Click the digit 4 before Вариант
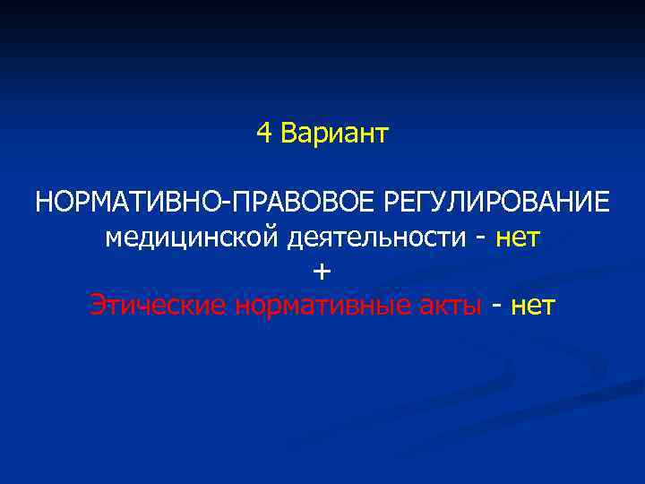click(x=263, y=134)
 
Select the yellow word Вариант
click(x=334, y=134)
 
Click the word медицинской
click(x=192, y=238)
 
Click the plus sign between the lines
click(x=322, y=272)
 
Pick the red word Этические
click(x=159, y=307)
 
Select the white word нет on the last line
click(x=533, y=307)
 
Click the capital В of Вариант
click(x=287, y=134)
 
